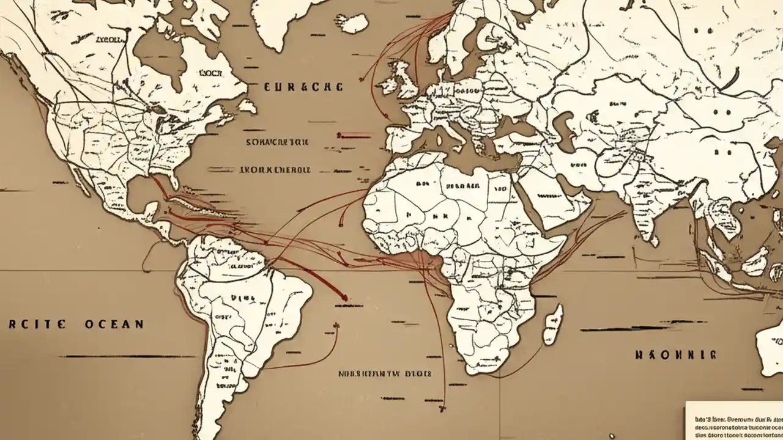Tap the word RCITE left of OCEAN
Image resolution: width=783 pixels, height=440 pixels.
point(37,324)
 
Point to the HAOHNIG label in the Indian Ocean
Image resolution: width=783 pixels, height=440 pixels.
point(675,354)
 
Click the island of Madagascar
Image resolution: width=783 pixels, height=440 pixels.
point(552,323)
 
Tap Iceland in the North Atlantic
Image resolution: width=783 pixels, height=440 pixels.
point(354,23)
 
